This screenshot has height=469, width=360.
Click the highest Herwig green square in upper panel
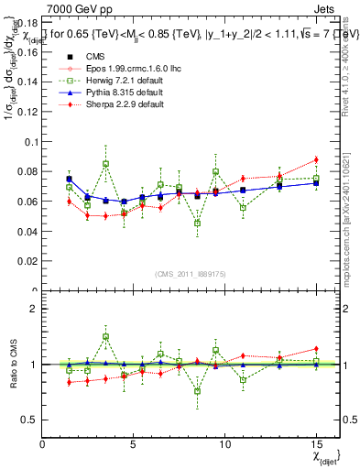pyautogui.click(x=106, y=164)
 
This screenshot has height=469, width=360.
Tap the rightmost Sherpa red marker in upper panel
pyautogui.click(x=315, y=160)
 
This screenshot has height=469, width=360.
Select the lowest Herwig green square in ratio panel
pyautogui.click(x=197, y=391)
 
